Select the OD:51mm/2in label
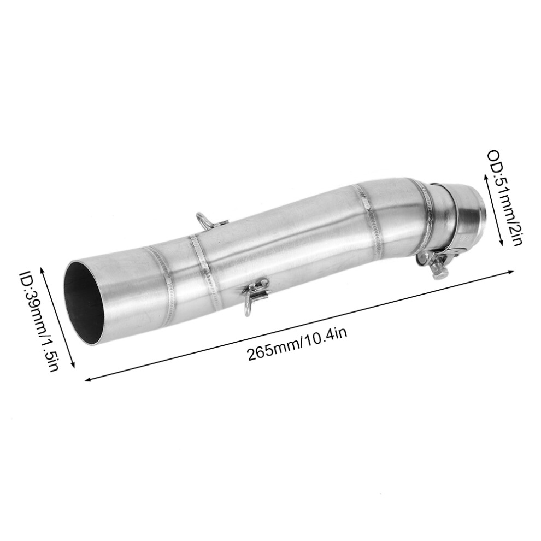(504, 197)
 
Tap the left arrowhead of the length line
(88, 380)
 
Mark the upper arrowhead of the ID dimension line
(43, 268)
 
